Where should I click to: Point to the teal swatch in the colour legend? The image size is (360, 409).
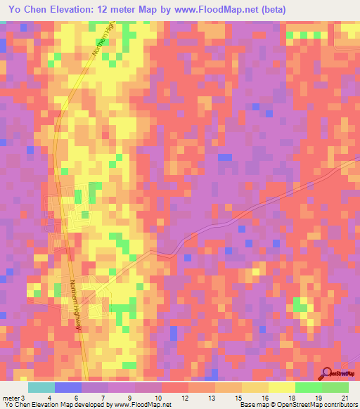coord(41,387)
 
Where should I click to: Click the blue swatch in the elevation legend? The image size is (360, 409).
coord(68,387)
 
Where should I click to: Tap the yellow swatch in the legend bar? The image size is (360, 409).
coord(281,387)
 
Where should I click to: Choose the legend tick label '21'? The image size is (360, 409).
coord(344,397)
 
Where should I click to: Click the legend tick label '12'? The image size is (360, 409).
coord(184,397)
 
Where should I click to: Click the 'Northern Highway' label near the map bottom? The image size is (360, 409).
coord(75,302)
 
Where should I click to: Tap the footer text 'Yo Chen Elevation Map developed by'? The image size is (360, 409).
coord(56,405)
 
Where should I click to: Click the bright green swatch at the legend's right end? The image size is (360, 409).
coord(335,387)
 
